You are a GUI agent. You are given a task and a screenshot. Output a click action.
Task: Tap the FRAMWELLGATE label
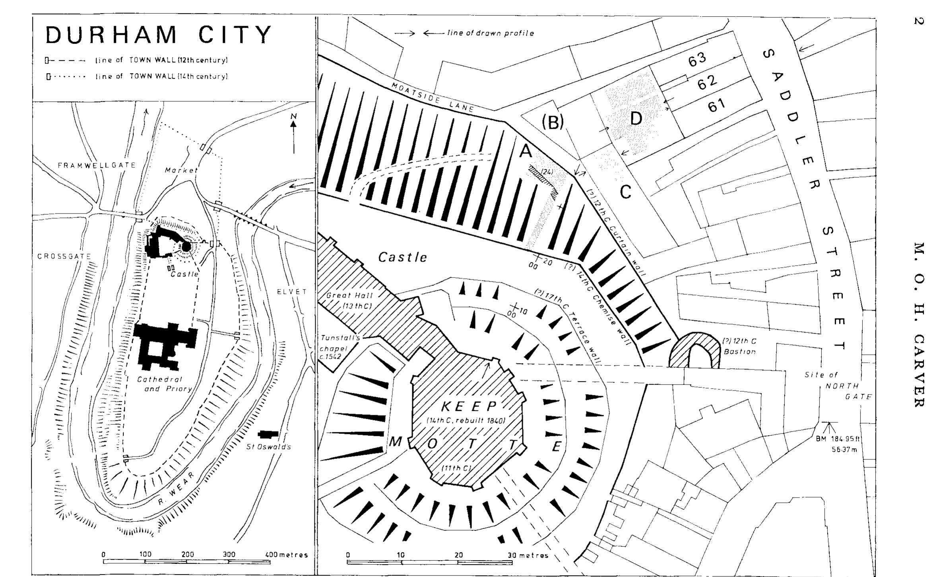click(97, 165)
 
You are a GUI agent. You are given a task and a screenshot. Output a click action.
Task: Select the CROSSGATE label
click(64, 256)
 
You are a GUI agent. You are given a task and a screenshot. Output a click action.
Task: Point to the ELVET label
click(292, 291)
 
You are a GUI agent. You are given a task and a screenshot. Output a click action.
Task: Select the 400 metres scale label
click(286, 555)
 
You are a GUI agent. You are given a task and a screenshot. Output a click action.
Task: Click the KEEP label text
click(470, 406)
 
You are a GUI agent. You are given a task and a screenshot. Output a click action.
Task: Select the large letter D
click(636, 119)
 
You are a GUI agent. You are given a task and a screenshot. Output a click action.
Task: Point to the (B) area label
click(553, 123)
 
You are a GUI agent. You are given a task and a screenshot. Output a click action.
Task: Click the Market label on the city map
click(181, 170)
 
